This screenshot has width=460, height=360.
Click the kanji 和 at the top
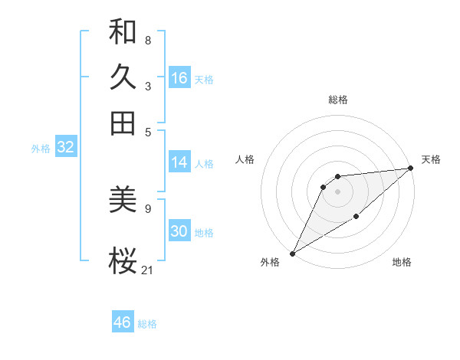[x=123, y=32]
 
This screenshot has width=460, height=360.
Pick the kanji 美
[x=123, y=200]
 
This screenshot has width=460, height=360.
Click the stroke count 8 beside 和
[x=147, y=40]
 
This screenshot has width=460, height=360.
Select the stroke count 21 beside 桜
[x=148, y=270]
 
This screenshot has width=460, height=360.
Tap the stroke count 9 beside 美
[x=147, y=208]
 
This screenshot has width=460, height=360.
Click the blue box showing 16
[x=179, y=77]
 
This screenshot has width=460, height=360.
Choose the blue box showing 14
[x=179, y=162]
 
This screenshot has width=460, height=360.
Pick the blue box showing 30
[x=179, y=231]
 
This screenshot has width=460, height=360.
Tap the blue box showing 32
[x=65, y=148]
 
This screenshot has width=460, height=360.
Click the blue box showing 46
[x=123, y=322]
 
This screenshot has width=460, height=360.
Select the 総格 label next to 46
[x=147, y=324]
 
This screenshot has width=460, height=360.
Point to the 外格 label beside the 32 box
[x=41, y=149]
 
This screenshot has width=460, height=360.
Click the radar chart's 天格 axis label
[x=431, y=159]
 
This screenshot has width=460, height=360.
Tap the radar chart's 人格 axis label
[x=245, y=159]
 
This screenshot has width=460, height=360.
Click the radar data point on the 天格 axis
[x=411, y=169]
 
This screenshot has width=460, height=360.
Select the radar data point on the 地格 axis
[x=356, y=218]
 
